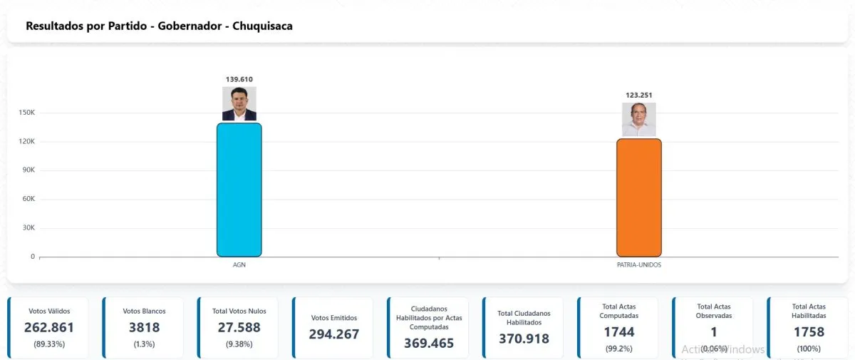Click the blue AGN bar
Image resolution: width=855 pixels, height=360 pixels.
(239, 190)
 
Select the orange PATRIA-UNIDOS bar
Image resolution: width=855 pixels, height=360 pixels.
(638, 197)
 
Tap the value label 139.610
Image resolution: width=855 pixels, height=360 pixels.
(239, 79)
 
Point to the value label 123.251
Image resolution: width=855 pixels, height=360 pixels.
(638, 95)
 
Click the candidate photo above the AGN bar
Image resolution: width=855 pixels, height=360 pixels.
(239, 104)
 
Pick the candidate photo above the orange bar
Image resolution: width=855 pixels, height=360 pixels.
(638, 119)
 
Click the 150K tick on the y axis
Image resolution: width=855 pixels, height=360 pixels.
(28, 113)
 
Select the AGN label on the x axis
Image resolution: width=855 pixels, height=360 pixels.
(239, 264)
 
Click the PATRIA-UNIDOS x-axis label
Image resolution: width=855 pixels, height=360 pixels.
(638, 264)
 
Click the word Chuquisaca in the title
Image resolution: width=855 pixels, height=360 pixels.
(262, 26)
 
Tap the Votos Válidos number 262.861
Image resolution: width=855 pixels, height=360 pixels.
(49, 328)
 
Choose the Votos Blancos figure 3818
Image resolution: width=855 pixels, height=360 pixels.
(145, 328)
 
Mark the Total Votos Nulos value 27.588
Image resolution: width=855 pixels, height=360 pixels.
(239, 328)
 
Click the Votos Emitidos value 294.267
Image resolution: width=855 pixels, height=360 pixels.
(334, 334)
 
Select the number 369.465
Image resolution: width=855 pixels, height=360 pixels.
(429, 343)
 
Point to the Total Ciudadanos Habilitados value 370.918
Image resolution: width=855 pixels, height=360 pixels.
(524, 339)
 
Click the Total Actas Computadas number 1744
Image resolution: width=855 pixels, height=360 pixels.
(618, 331)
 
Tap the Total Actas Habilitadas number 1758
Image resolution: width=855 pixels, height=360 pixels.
(809, 331)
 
